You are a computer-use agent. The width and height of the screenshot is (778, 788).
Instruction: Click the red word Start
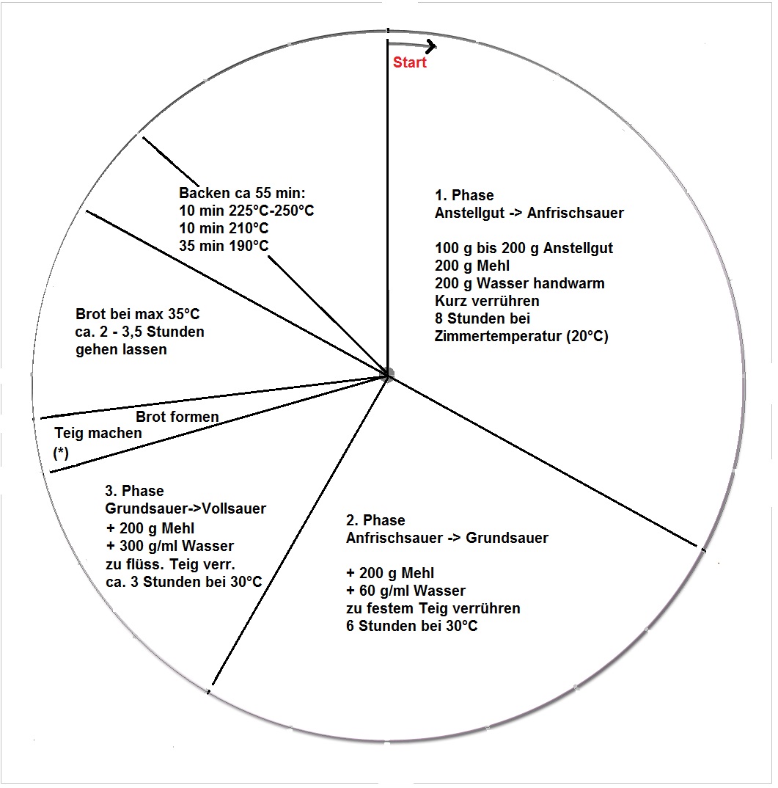[409, 62]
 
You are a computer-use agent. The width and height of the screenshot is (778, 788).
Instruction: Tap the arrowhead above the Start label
[431, 46]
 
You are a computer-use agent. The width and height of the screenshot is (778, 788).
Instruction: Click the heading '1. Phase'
[464, 195]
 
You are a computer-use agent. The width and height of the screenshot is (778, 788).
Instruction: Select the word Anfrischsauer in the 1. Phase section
[575, 213]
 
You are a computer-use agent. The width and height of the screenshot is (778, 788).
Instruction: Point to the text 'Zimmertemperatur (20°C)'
[521, 336]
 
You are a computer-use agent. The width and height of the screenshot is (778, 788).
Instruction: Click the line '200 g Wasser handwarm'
[519, 283]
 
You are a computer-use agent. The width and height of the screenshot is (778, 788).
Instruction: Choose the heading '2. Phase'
[375, 520]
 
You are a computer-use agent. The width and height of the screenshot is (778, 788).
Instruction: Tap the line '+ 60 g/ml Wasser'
[405, 591]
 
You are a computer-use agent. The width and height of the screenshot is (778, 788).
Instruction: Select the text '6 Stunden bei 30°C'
[411, 626]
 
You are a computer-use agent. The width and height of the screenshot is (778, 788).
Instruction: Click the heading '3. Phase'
[134, 491]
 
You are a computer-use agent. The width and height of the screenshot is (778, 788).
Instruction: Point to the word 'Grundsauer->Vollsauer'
[186, 508]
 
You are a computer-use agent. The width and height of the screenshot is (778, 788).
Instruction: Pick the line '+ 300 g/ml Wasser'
[170, 546]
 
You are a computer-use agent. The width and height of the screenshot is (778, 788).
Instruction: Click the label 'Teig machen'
[98, 433]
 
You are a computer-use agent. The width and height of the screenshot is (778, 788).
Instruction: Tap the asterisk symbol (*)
[61, 453]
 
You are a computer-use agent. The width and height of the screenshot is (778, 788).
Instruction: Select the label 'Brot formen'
[177, 417]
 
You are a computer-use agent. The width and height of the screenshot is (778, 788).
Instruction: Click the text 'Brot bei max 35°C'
[137, 314]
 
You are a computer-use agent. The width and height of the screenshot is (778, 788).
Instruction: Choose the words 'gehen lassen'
[121, 349]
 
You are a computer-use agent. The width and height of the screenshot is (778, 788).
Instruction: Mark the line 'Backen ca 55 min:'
[242, 193]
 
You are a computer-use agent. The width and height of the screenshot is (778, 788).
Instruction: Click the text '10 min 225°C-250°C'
[246, 211]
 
